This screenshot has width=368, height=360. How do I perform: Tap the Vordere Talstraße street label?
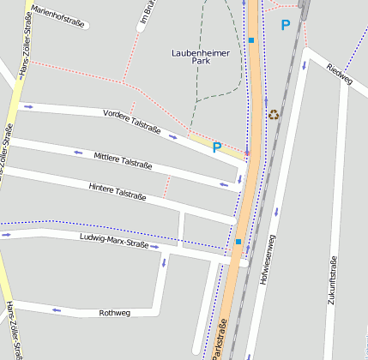tap(131, 122)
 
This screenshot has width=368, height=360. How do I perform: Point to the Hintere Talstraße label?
tap(118, 192)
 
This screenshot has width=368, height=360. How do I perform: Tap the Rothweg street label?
tap(114, 313)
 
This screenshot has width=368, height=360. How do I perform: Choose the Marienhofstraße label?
tap(58, 16)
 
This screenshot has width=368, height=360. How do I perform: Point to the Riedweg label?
tap(340, 74)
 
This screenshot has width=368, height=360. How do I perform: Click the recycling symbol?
tap(274, 114)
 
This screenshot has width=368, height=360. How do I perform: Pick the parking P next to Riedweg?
tap(286, 26)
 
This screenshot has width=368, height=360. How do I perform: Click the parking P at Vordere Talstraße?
tap(217, 147)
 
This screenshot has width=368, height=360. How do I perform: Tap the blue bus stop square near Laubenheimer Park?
tap(251, 40)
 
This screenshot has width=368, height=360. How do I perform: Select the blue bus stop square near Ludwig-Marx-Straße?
tap(238, 242)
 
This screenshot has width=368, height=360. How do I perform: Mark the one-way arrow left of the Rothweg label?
tap(57, 310)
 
